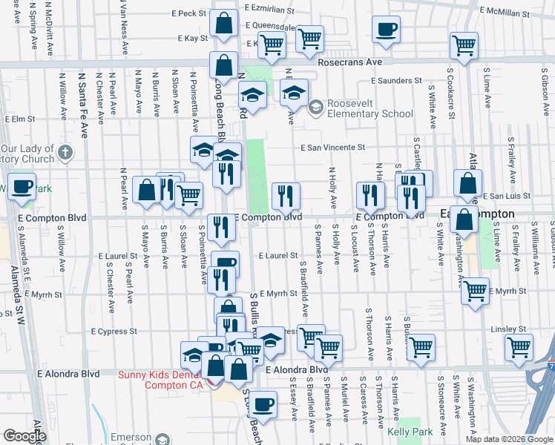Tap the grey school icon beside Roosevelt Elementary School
pyautogui.click(x=316, y=108)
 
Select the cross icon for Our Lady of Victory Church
pyautogui.click(x=65, y=154)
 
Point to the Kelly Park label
pyautogui.click(x=410, y=431)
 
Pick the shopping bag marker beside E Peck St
pyautogui.click(x=223, y=24)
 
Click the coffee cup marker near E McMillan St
pyautogui.click(x=386, y=30)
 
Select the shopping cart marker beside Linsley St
pyautogui.click(x=519, y=346)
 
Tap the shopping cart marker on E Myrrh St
pyautogui.click(x=475, y=289)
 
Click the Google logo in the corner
pyautogui.click(x=24, y=436)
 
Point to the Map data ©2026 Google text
pyautogui.click(x=509, y=439)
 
